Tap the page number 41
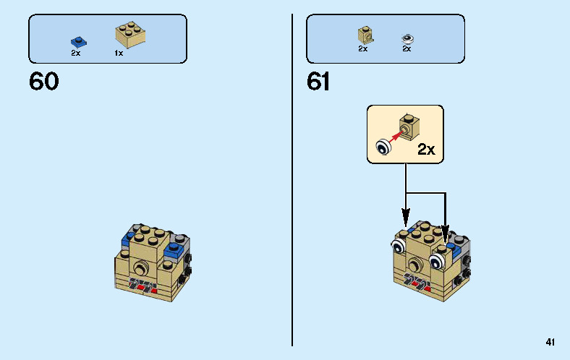click(551, 342)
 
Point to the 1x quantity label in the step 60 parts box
click(119, 53)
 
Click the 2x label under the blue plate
click(75, 53)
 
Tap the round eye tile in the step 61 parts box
click(407, 38)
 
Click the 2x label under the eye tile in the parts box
click(407, 49)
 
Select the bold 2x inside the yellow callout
click(426, 150)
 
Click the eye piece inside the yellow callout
click(382, 148)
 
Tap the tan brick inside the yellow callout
click(409, 127)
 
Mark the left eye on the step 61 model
click(398, 247)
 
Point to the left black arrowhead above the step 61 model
click(406, 215)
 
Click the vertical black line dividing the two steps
click(292, 181)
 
